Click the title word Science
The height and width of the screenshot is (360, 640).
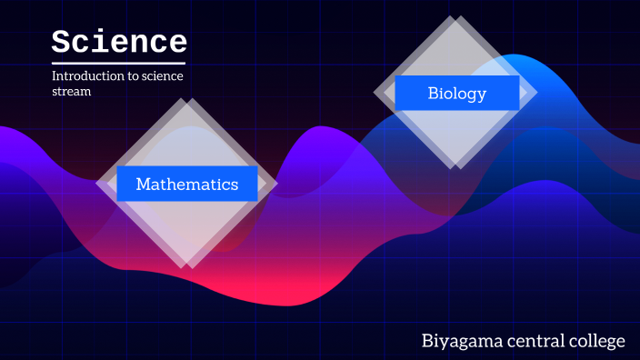(119, 42)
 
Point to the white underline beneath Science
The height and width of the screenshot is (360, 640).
(119, 63)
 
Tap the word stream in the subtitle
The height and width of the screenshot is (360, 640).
(72, 92)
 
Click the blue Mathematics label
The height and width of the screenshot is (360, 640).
(187, 184)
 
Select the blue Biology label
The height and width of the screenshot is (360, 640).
(457, 93)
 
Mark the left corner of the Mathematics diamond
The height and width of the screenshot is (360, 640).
(96, 184)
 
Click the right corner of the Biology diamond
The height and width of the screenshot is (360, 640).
(537, 93)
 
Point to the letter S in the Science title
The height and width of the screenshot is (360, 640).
(61, 42)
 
